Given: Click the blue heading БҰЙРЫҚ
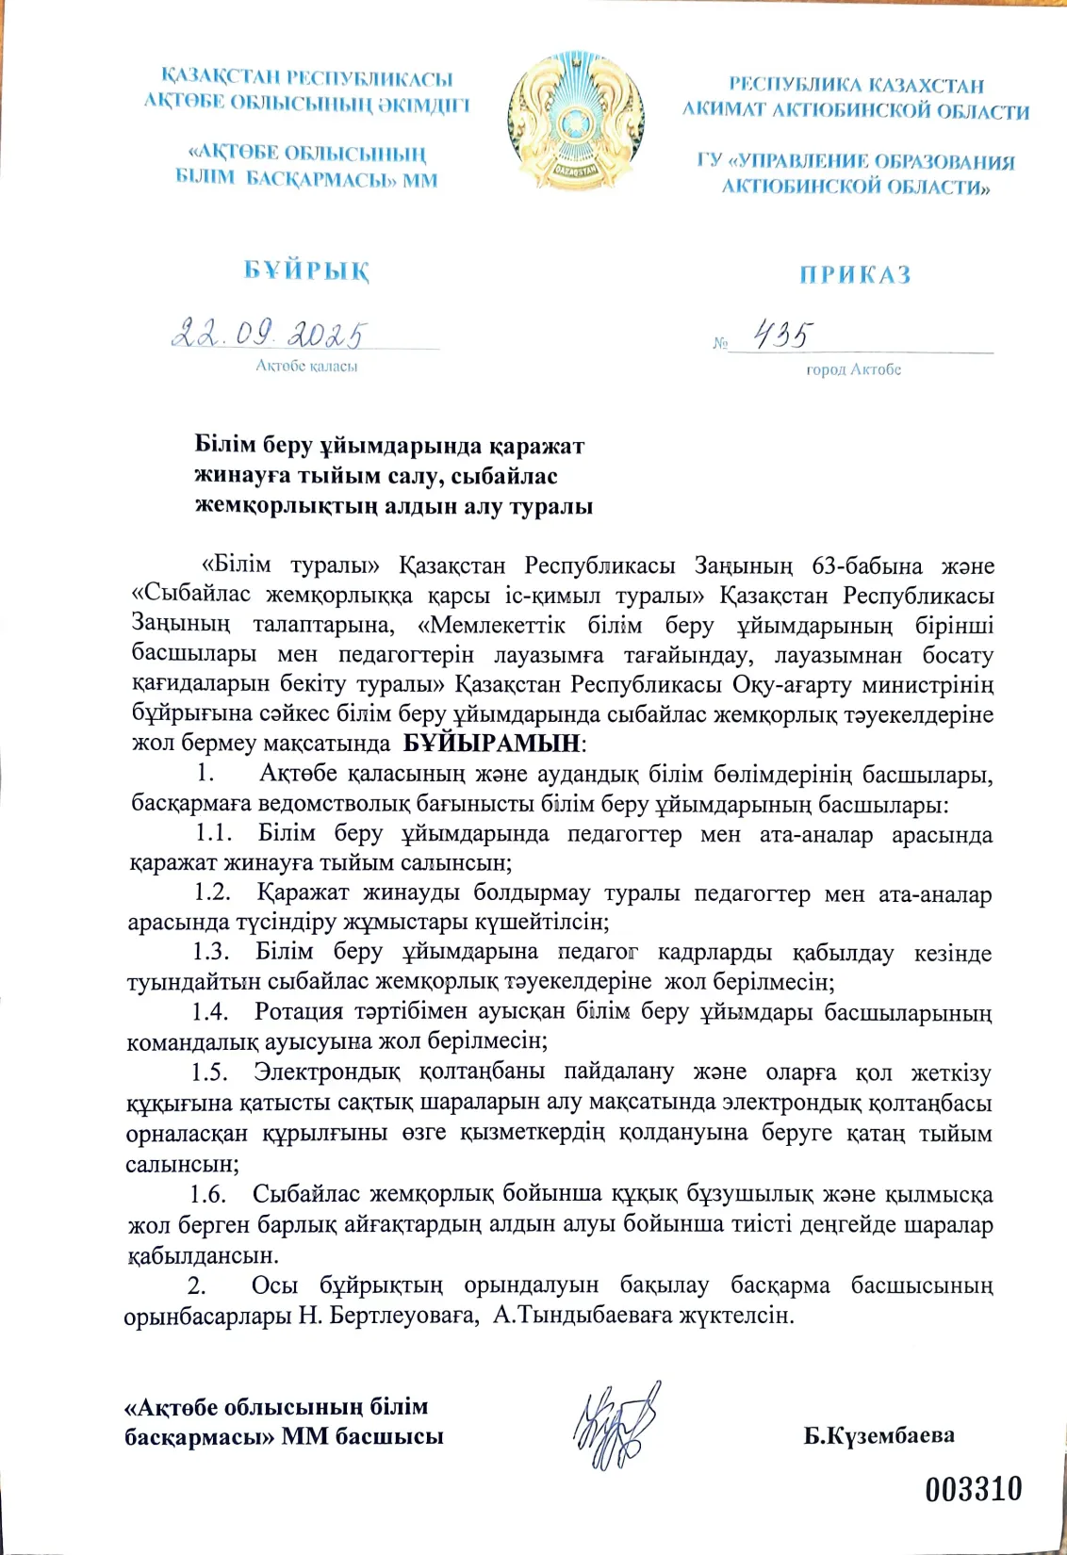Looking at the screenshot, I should tap(306, 270).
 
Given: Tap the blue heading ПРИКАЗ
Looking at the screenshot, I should tap(855, 274).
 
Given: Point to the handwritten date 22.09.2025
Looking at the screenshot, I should tap(270, 334).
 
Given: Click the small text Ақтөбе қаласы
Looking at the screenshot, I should tap(306, 366).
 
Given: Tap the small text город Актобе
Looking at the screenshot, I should tap(853, 369).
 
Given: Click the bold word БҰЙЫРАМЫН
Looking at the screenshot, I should tap(491, 743).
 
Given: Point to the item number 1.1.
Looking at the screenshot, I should tap(213, 833).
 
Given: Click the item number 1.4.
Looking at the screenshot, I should tap(210, 1012).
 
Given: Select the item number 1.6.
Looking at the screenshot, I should tap(208, 1194).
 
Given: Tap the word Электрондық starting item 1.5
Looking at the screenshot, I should tap(326, 1072).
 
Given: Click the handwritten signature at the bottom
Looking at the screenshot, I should tap(617, 1425).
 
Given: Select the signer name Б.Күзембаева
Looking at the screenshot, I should tap(878, 1435).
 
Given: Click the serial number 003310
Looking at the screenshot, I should tap(974, 1490).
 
